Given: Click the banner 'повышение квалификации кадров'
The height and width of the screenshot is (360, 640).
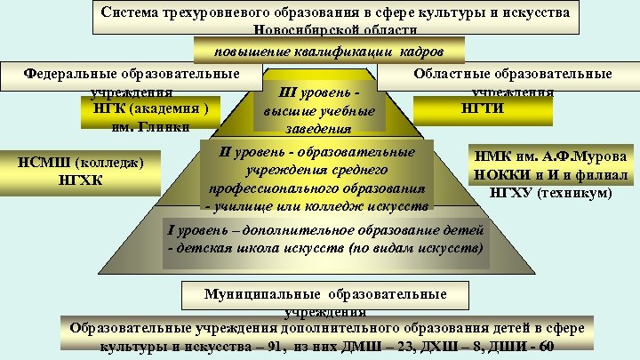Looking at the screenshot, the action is [x=330, y=50].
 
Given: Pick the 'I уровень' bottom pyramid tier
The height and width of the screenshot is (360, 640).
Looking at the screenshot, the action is [x=326, y=238].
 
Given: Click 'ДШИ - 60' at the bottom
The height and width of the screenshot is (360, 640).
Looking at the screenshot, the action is [x=530, y=346].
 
